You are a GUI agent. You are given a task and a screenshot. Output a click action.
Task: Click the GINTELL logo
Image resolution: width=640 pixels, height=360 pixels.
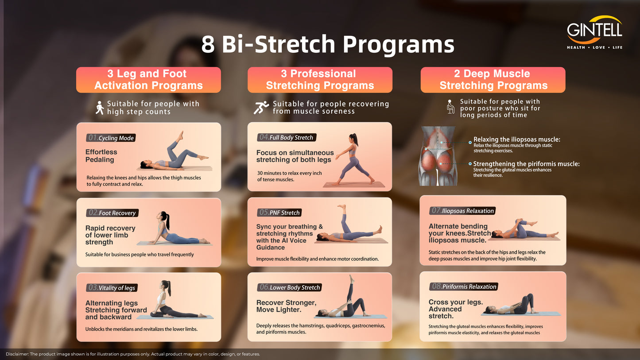(x=594, y=32)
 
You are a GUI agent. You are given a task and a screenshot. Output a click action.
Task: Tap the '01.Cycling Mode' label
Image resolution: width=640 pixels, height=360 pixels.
(x=111, y=138)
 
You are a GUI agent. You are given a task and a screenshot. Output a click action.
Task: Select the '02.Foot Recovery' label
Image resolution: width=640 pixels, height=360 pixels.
(x=112, y=213)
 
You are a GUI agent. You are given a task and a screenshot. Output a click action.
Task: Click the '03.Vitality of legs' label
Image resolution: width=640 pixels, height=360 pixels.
(x=112, y=288)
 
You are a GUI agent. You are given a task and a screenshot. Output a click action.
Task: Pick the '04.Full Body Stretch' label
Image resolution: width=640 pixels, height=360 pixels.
(x=287, y=137)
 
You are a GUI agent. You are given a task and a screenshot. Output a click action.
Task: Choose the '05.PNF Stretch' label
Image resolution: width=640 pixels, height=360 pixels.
(x=279, y=213)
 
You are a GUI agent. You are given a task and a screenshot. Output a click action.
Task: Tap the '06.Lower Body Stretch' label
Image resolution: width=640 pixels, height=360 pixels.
(x=289, y=287)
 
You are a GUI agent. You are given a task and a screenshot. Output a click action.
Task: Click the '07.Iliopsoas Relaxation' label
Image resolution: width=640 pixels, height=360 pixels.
(x=462, y=211)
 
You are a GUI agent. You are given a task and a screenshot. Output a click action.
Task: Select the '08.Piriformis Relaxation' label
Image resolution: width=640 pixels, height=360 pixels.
(x=463, y=286)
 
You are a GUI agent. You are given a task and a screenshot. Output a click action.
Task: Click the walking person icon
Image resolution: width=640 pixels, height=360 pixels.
(x=99, y=108)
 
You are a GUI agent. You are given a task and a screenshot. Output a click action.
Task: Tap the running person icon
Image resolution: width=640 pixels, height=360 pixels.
(x=261, y=108)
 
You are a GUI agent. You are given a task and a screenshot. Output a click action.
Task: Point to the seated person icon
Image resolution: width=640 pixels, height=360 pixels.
(x=450, y=107)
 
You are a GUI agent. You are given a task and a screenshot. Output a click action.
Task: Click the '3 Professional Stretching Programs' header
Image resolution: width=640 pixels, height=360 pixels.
(x=320, y=80)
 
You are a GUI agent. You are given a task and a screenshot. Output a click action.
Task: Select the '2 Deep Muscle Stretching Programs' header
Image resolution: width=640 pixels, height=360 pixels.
(x=493, y=80)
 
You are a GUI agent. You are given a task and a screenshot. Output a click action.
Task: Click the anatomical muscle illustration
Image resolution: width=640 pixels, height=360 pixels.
(x=437, y=156)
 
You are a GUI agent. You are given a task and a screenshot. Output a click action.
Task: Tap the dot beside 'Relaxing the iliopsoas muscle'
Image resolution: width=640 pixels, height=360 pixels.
(x=470, y=142)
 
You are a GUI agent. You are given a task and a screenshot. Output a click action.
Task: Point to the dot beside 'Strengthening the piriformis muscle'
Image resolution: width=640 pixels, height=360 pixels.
(x=470, y=164)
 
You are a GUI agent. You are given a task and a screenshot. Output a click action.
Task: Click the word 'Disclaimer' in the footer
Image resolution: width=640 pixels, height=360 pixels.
(x=17, y=354)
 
